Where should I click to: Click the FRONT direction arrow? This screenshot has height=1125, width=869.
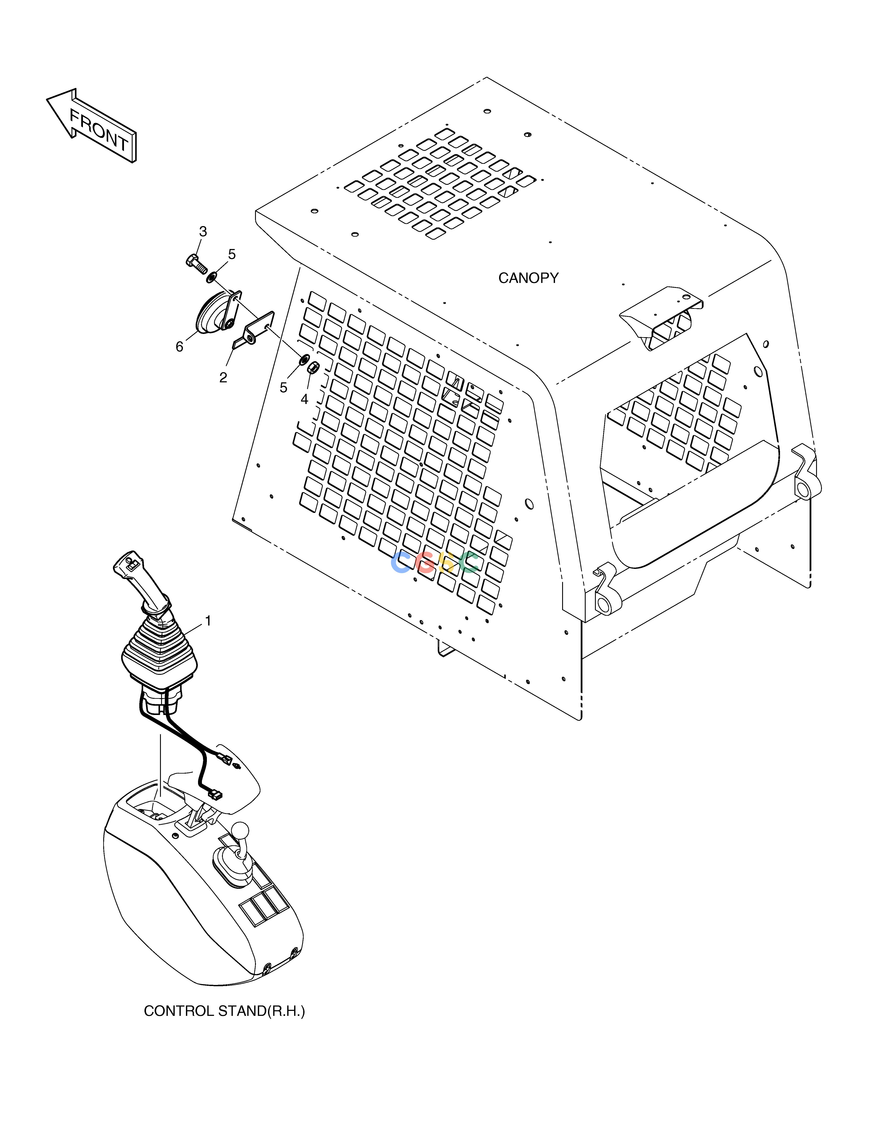point(92,125)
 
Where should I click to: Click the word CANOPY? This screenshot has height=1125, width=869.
point(528,278)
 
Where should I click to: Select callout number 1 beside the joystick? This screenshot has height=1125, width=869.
point(208,621)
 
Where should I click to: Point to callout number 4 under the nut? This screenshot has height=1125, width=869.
point(304,399)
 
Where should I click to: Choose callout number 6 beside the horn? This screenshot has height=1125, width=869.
point(179,347)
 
